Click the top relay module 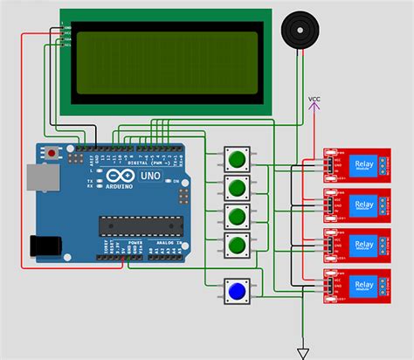click(356, 165)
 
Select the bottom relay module click(356, 286)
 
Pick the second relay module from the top click(356, 205)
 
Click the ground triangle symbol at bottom click(303, 353)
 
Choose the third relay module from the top click(356, 246)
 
